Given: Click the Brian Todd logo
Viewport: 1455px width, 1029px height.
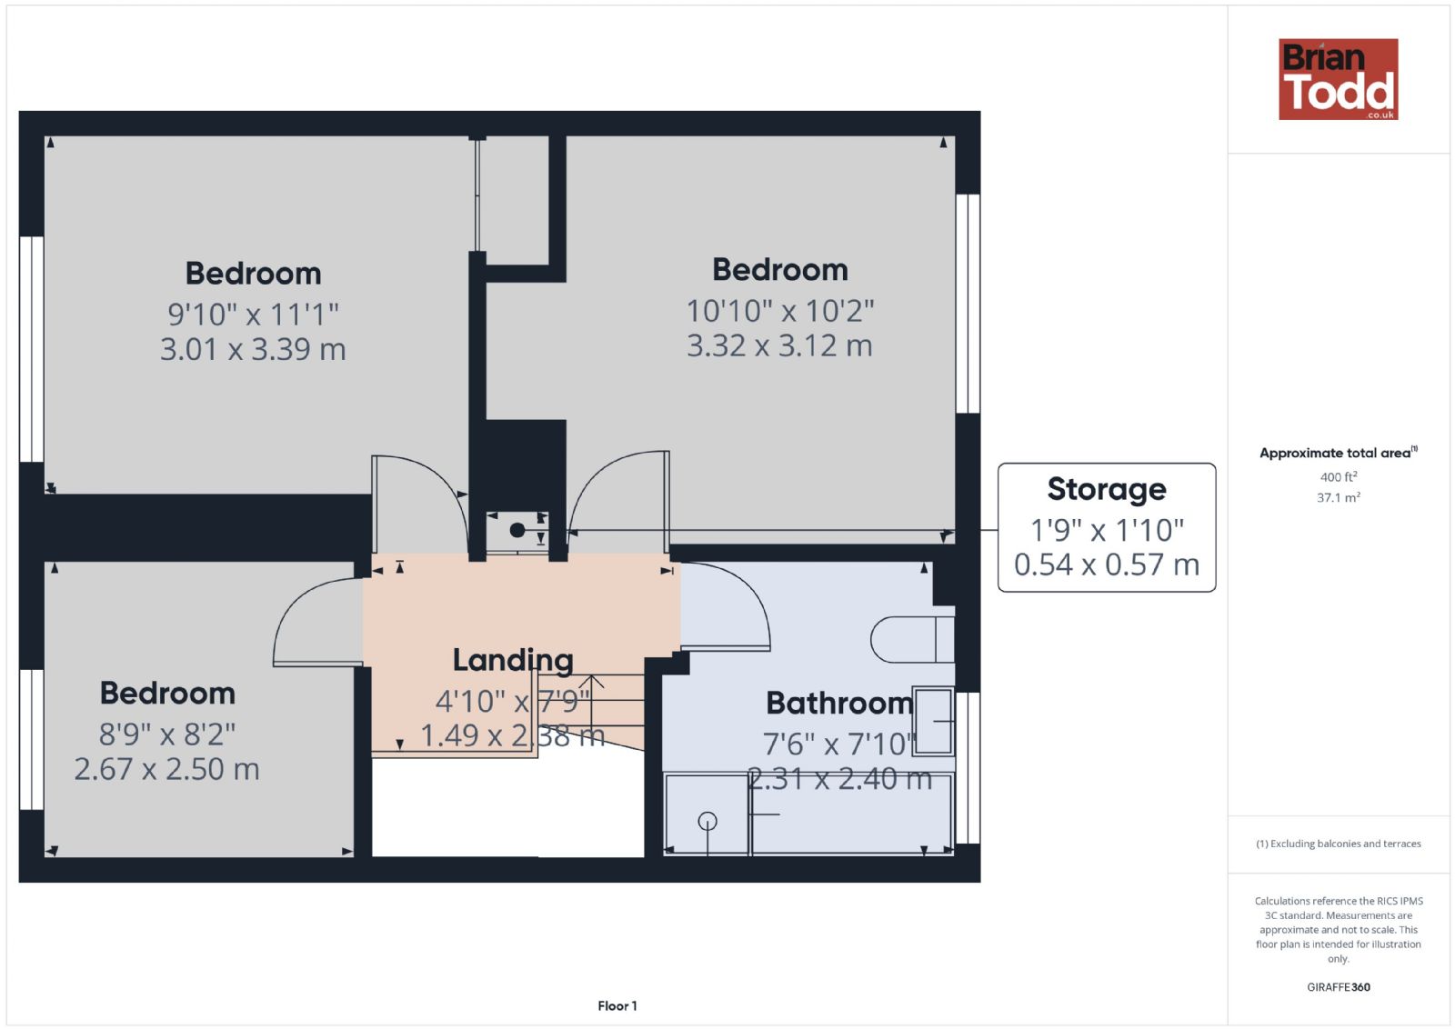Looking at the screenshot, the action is pyautogui.click(x=1338, y=79).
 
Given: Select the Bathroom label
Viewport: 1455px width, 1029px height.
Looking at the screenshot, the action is pyautogui.click(x=839, y=703).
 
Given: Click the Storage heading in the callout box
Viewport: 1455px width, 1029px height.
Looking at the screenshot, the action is pyautogui.click(x=1106, y=490).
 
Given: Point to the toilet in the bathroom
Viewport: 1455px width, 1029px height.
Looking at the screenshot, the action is pyautogui.click(x=913, y=639).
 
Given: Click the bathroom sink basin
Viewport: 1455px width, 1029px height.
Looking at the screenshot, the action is pyautogui.click(x=933, y=721).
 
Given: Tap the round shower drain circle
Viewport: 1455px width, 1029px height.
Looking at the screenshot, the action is pyautogui.click(x=707, y=822).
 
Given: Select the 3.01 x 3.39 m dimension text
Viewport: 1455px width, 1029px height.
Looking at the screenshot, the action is pyautogui.click(x=253, y=350).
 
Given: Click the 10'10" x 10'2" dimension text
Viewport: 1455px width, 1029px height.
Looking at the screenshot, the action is pyautogui.click(x=780, y=311).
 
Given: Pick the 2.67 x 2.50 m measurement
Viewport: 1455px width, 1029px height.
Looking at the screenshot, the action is pyautogui.click(x=167, y=769).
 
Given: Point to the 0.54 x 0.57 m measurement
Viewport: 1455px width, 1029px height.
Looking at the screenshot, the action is pyautogui.click(x=1106, y=564).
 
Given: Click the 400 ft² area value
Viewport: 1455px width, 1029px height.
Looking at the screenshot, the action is pyautogui.click(x=1338, y=477).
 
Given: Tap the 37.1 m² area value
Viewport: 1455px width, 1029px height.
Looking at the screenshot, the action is pyautogui.click(x=1338, y=498).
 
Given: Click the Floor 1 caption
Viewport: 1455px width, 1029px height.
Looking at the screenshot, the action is pyautogui.click(x=617, y=1006).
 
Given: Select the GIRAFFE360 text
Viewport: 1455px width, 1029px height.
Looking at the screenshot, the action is pyautogui.click(x=1338, y=987).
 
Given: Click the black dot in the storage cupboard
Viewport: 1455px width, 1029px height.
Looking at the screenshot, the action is pyautogui.click(x=517, y=530).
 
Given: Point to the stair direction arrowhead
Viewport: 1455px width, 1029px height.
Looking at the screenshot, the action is pyautogui.click(x=591, y=682).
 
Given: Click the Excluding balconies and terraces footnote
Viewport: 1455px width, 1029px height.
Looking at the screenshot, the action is pyautogui.click(x=1338, y=844).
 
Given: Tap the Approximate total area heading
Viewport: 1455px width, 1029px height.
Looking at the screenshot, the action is pyautogui.click(x=1338, y=453).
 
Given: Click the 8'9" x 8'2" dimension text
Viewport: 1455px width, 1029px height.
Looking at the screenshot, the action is pyautogui.click(x=167, y=734).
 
